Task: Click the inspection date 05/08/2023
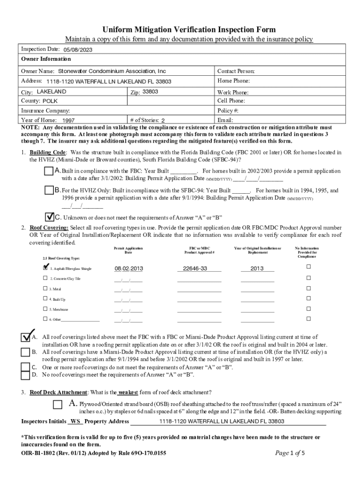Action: [78, 50]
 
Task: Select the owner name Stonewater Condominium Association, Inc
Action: [112, 72]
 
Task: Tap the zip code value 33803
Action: [151, 92]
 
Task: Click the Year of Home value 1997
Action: [68, 121]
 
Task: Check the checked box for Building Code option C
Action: [50, 217]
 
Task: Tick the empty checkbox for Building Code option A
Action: [49, 172]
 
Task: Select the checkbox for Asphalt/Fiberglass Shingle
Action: [45, 268]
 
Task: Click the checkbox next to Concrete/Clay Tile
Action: [45, 278]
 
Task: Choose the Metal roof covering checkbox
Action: [45, 289]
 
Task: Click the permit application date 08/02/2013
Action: [129, 269]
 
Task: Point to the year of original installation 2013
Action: [257, 269]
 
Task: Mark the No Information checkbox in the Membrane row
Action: [308, 309]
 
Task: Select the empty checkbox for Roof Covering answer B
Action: [25, 352]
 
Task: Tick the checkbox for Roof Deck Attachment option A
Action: [58, 404]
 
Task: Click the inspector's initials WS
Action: [75, 421]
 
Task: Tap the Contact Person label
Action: [236, 72]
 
